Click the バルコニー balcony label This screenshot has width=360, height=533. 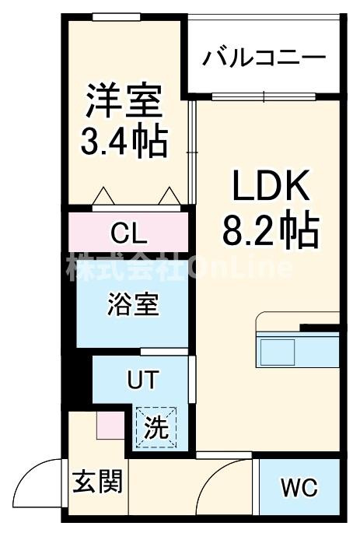[264, 58]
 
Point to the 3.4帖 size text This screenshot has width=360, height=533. [124, 142]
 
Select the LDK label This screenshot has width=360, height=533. [271, 185]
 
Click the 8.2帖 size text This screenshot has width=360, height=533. [271, 230]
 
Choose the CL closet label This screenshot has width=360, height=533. [129, 233]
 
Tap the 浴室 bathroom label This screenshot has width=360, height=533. [133, 304]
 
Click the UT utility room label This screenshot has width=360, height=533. [143, 380]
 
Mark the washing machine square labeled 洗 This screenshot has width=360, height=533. [156, 427]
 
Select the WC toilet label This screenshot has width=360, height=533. [299, 487]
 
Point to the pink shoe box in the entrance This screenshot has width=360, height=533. [110, 426]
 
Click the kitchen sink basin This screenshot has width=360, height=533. [278, 352]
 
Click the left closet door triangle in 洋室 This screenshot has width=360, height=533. [103, 196]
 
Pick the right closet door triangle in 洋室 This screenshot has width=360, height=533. [170, 196]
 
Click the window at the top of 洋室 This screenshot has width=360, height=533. [117, 16]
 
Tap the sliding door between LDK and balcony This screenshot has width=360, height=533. [264, 96]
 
